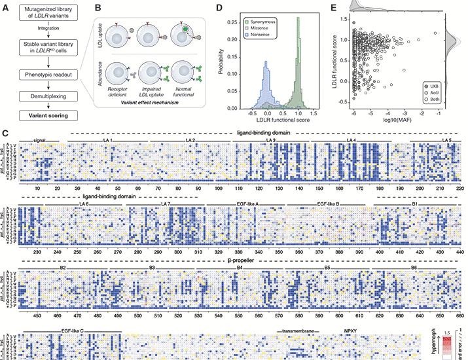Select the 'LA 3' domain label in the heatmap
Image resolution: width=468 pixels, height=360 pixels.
[270, 141]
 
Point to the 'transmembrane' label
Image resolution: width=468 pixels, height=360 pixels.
[298, 332]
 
